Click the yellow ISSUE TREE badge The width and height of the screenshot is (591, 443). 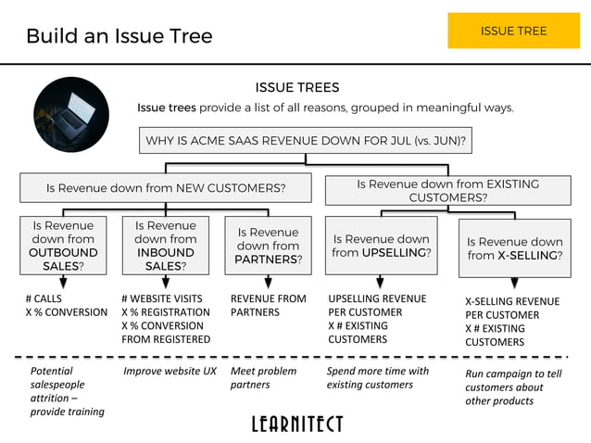(513, 31)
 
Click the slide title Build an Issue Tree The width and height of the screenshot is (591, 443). (119, 36)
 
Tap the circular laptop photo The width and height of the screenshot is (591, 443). (71, 114)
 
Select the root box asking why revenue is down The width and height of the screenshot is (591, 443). (305, 142)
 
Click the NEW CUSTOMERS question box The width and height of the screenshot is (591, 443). (166, 188)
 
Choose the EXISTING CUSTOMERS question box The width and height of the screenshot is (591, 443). (447, 190)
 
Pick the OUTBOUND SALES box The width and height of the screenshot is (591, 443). (63, 246)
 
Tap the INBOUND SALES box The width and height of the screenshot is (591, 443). (166, 246)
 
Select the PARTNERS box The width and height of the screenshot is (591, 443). (268, 246)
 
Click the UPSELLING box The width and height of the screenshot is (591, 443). (382, 246)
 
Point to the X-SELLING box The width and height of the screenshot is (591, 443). (514, 248)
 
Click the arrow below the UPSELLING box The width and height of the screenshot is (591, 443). (381, 282)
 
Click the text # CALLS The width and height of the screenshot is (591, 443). (44, 298)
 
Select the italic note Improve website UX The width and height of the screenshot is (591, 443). (170, 371)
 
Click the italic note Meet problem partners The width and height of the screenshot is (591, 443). (263, 377)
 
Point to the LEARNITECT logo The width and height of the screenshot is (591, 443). (296, 424)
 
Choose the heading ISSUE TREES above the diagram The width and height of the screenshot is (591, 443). (297, 88)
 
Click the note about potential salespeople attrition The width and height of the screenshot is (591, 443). (67, 391)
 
